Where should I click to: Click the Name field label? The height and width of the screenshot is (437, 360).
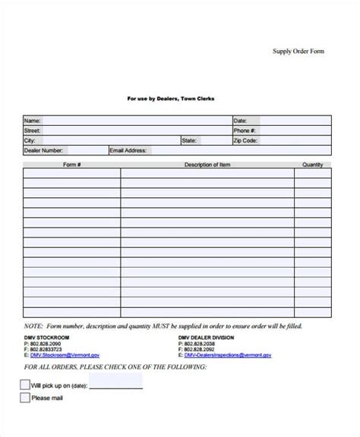coord(32,120)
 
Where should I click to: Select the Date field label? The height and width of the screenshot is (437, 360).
coord(240,120)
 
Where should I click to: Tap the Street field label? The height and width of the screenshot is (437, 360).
coord(33,130)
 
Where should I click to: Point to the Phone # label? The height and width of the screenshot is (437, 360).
coord(245,130)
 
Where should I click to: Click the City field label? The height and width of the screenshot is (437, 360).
coord(30,140)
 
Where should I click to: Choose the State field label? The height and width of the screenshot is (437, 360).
coord(190,140)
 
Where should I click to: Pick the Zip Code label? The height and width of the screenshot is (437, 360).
coord(246,140)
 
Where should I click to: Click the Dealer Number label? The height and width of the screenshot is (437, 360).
coord(43,151)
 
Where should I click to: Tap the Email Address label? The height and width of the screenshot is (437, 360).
coord(128,151)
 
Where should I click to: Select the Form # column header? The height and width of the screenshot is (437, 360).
coord(71,165)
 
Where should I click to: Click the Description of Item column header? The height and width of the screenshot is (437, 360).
coord(207,165)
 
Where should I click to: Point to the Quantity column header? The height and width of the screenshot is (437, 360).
coord(312,165)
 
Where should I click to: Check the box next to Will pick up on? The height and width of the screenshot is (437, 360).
coord(25,385)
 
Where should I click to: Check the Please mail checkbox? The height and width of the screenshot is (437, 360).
coord(25,397)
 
